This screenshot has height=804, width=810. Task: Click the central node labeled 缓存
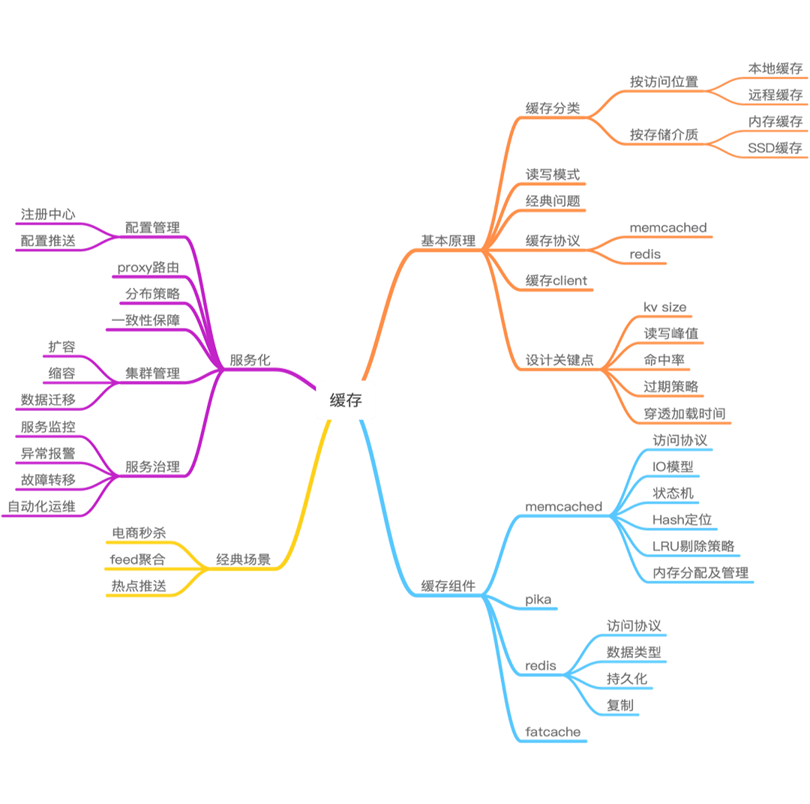point(346,400)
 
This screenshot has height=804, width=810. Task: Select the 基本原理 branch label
point(448,240)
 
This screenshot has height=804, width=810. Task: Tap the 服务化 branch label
point(250,359)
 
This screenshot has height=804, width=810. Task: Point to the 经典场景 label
point(244,559)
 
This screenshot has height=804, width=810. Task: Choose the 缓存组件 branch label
point(448,586)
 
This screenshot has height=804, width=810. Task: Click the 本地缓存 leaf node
point(775,68)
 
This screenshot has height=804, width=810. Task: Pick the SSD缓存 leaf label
point(775,148)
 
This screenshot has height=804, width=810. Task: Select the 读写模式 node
point(553,174)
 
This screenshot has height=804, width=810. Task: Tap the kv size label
point(664,307)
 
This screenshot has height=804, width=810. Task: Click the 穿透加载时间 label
point(685,413)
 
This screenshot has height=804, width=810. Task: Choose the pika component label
point(538,599)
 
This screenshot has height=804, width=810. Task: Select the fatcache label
point(553,731)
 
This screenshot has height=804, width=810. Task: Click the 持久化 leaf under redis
point(626,679)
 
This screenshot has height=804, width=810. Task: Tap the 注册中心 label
point(48,214)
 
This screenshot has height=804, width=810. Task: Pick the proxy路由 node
point(148,267)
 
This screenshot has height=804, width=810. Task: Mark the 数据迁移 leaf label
point(48,400)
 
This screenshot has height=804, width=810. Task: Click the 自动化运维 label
point(42,506)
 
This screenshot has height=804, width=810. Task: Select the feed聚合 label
point(138,559)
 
